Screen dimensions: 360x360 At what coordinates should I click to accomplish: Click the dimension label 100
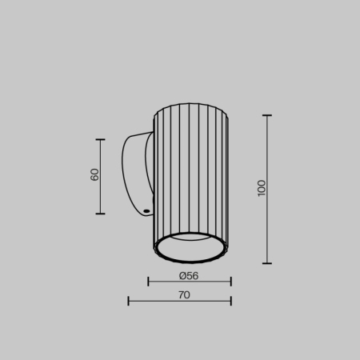point(262,188)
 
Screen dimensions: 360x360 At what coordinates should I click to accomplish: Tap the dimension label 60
point(94,175)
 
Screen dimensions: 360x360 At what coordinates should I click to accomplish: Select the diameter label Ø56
point(189,275)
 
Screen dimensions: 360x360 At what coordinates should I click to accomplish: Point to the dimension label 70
point(184,294)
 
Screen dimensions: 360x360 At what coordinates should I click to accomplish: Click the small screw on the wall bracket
point(146,212)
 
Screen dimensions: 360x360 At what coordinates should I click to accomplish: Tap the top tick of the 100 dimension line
point(267,115)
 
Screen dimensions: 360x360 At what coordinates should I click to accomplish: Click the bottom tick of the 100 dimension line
point(267,263)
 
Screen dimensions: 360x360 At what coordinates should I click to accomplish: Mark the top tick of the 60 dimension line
point(101,140)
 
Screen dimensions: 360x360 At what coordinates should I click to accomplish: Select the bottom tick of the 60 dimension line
point(101,214)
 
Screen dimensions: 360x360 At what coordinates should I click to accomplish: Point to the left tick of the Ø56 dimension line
point(149,282)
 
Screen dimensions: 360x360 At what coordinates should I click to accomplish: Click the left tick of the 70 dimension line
point(129,302)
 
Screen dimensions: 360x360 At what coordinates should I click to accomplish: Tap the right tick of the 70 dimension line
point(230,302)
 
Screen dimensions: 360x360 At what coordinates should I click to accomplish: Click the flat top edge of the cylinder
point(190,104)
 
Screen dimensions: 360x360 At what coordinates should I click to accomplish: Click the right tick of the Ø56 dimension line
point(230,282)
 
